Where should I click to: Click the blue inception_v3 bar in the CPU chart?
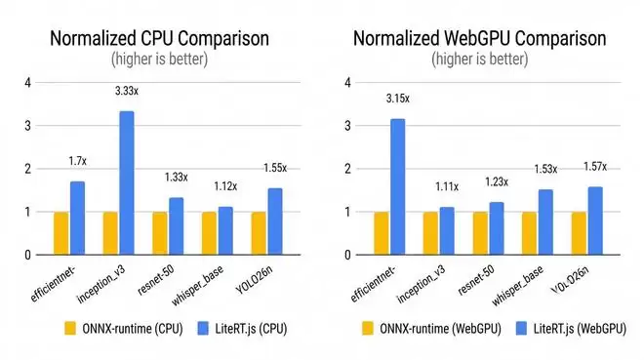tap(127, 182)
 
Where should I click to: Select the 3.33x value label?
tap(127, 91)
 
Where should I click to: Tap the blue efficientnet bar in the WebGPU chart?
tap(397, 186)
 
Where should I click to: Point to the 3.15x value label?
tap(397, 99)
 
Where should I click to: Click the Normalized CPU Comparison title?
tap(159, 39)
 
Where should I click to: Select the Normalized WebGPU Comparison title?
tap(480, 39)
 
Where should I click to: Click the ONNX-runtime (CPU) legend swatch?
tap(70, 329)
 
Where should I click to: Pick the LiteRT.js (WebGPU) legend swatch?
tap(521, 329)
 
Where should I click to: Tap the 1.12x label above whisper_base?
tap(225, 186)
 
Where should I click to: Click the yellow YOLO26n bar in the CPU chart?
tap(259, 233)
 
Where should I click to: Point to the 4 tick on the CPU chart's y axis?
tap(27, 83)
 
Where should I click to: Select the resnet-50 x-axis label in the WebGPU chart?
tap(476, 280)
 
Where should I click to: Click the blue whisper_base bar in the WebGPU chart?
tap(545, 222)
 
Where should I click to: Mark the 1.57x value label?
tap(595, 167)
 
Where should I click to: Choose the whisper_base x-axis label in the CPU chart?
tap(197, 286)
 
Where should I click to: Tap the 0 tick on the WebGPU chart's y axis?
tap(348, 256)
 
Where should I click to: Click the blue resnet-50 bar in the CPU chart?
tap(177, 226)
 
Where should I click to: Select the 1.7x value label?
tap(78, 161)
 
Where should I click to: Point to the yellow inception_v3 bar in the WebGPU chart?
tap(430, 233)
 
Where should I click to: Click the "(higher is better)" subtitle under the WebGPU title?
tap(480, 60)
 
